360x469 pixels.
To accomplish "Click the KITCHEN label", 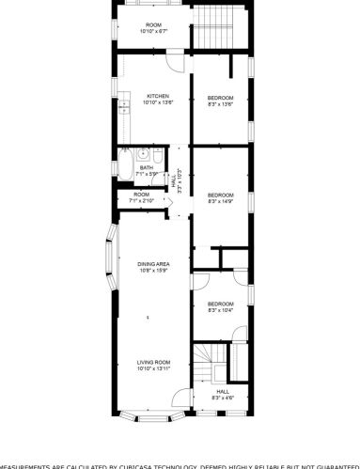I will point(156,95).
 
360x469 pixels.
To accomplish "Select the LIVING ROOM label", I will point(152,362).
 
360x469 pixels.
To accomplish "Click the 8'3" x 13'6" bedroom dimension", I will point(221,103).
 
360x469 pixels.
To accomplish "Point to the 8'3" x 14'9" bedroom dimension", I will point(221,200).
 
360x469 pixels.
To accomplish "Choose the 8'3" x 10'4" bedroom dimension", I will point(221,309).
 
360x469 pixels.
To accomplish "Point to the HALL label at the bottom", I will point(223,391).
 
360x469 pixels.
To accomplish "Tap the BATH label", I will point(146,168).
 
